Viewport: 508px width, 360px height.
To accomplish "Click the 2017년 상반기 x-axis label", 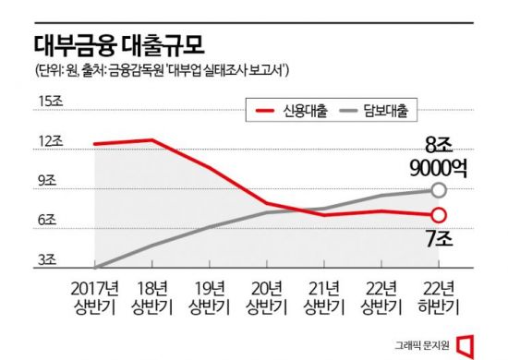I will [x=95, y=294].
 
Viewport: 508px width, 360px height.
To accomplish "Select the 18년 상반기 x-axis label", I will [x=152, y=294].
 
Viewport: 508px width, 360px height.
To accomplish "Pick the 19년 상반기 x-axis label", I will [x=210, y=294].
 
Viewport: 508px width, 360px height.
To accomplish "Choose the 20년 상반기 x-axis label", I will [x=267, y=294].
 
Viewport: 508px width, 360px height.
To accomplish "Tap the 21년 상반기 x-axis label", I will [x=324, y=294].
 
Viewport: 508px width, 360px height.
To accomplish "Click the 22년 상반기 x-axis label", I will [x=381, y=294].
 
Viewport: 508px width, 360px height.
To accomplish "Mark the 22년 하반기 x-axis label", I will [x=439, y=294].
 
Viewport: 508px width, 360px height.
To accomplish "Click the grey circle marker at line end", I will [x=439, y=191].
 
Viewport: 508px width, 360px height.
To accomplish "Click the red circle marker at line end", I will [x=439, y=216].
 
